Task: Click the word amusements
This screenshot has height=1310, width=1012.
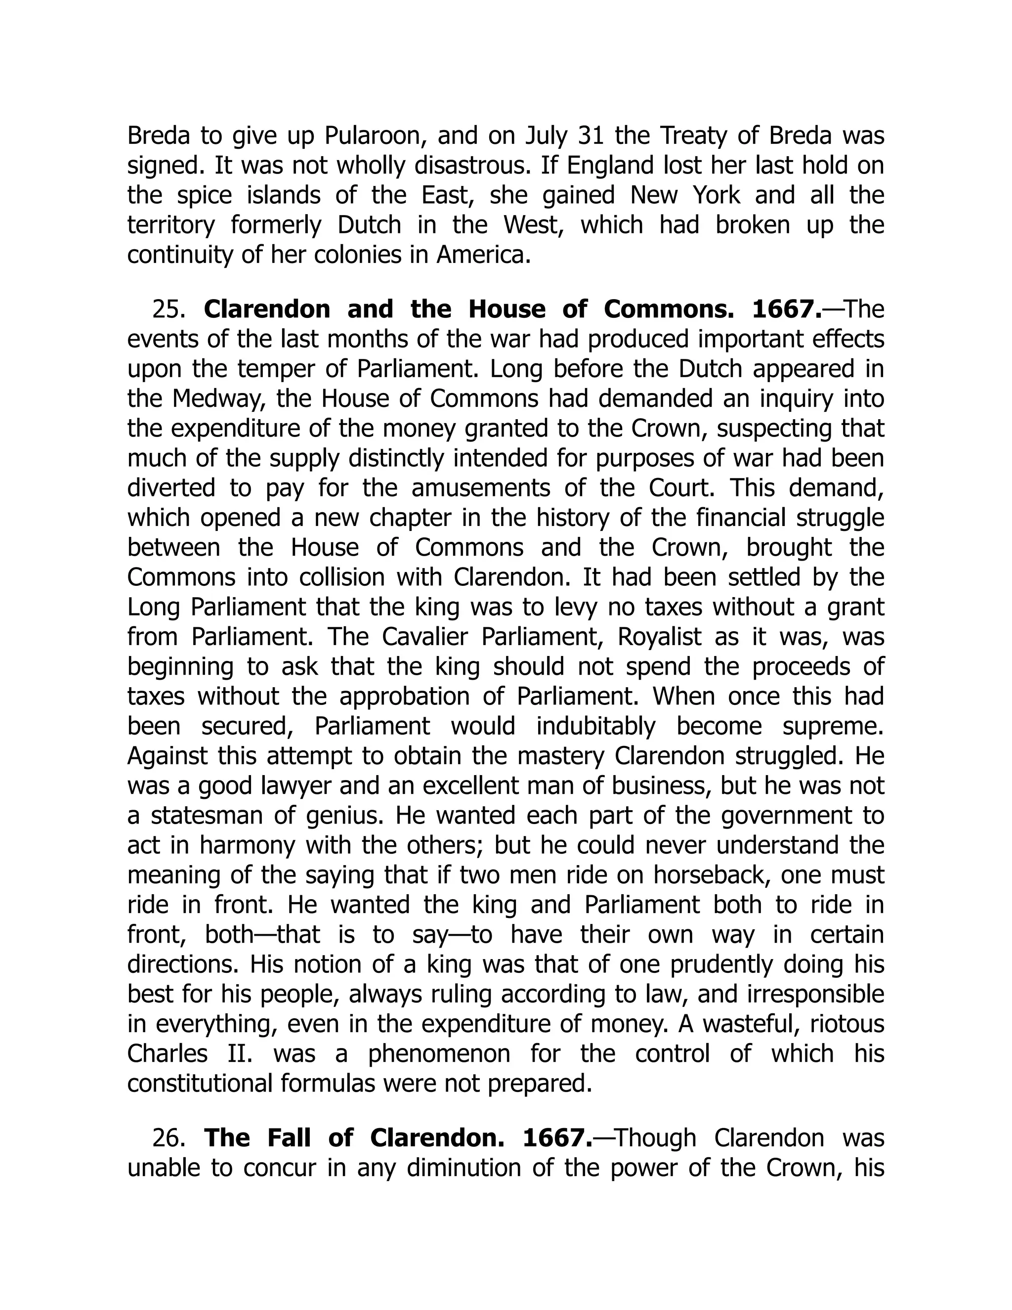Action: tap(480, 488)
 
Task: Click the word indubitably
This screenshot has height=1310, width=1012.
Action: tap(595, 726)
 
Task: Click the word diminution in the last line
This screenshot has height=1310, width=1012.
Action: tap(462, 1168)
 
